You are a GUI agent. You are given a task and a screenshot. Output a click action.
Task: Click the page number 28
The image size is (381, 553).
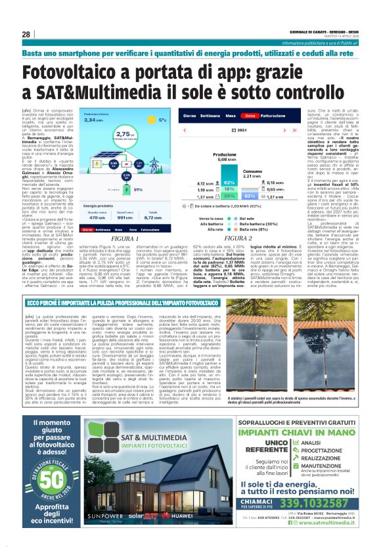point(26,34)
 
